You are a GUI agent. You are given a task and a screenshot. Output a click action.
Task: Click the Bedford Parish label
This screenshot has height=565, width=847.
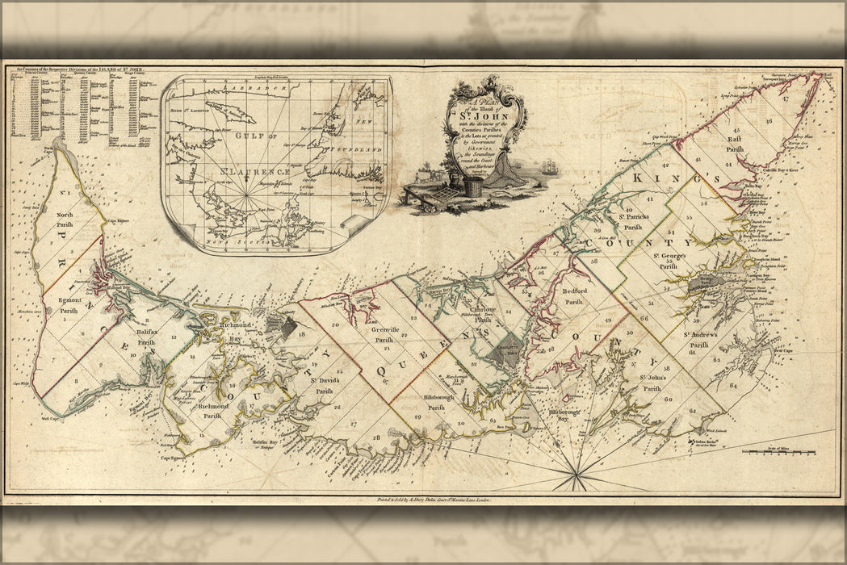[x=574, y=295]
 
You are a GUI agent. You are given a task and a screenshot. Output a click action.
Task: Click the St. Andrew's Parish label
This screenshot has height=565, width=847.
[x=698, y=339]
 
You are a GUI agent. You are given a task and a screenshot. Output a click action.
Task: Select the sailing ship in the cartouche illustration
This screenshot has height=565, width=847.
[x=550, y=168]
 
